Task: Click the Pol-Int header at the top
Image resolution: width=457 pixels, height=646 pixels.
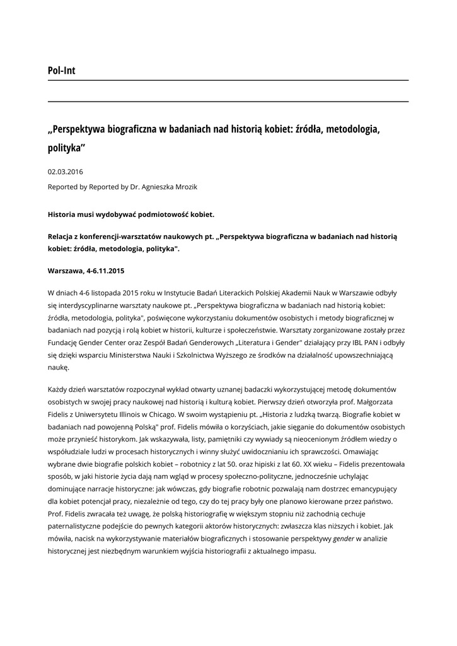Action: (x=61, y=71)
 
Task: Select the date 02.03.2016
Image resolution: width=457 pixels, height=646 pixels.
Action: (x=66, y=172)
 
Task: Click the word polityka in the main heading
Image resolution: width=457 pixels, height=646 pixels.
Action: (x=65, y=148)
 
